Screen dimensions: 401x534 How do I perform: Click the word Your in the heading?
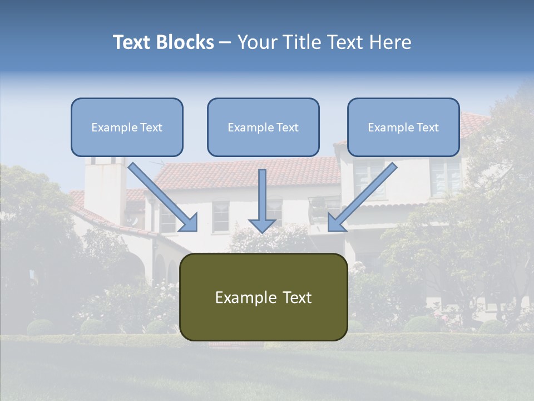257,42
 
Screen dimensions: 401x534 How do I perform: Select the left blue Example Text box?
127,127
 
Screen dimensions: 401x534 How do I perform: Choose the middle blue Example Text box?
263,127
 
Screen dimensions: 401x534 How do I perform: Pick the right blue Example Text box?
403,127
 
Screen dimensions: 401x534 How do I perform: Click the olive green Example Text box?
263,297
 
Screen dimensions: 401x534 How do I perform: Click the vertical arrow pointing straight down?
262,200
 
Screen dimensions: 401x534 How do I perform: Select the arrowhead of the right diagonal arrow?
335,224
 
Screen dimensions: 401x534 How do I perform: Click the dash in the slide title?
225,42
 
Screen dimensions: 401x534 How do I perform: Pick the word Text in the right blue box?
428,128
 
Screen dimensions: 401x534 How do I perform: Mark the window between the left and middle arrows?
221,217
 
